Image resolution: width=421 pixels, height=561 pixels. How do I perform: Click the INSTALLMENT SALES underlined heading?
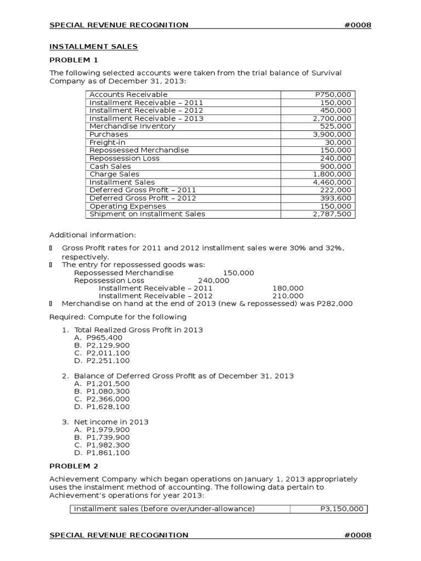(x=94, y=47)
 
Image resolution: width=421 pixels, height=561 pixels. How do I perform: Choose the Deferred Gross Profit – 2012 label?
(x=143, y=198)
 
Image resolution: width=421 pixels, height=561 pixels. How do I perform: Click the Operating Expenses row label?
(x=127, y=206)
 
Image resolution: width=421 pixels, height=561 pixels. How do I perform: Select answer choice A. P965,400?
(x=97, y=337)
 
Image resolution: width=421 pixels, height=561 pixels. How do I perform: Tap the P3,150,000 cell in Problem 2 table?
(x=342, y=508)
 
